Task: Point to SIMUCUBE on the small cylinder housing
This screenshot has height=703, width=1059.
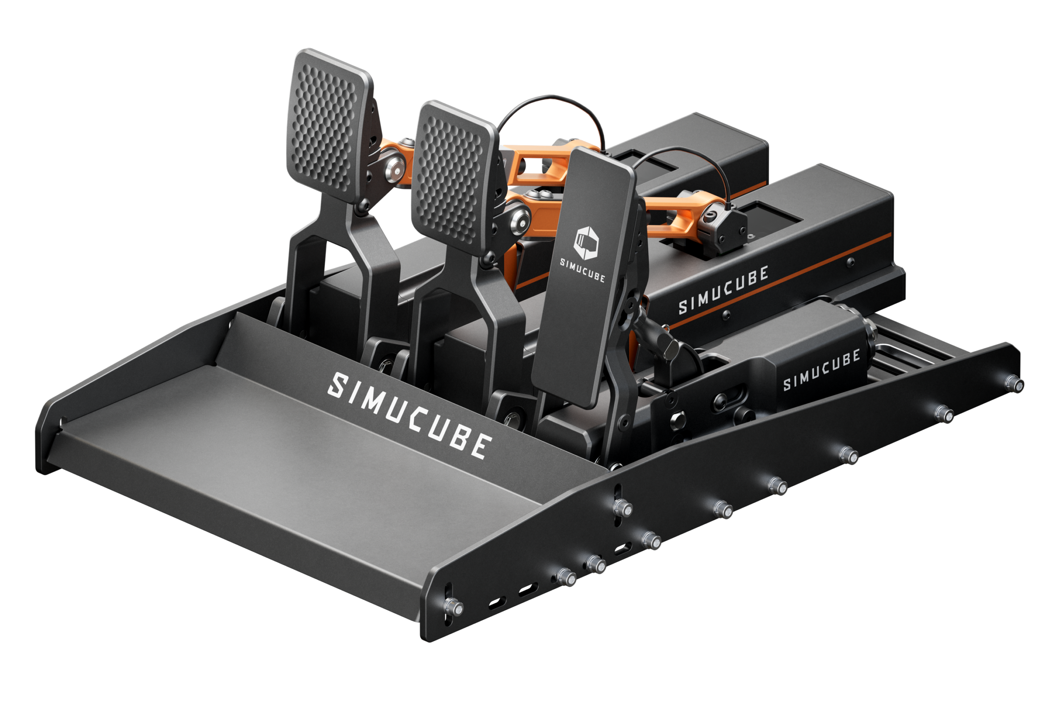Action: click(821, 370)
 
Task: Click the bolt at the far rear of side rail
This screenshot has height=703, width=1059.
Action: click(1014, 383)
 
